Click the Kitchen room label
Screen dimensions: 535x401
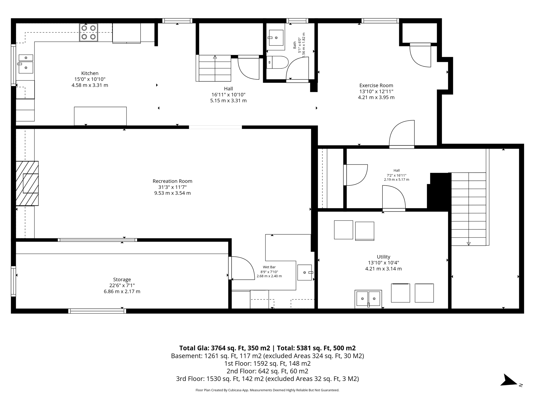coord(90,79)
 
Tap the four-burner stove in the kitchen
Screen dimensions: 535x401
coord(89,32)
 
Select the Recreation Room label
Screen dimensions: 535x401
coord(172,187)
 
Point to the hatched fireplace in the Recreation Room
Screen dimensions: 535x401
coord(27,183)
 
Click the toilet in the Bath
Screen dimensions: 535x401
coord(277,62)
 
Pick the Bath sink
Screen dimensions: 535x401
coord(276,38)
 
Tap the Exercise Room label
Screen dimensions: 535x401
coord(376,91)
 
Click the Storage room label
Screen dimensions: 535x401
coord(122,285)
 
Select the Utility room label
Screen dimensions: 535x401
coord(383,263)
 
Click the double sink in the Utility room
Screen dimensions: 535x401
coord(368,298)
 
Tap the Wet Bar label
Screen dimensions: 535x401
coord(269,272)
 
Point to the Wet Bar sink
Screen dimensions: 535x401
coord(305,273)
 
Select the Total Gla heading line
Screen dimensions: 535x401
coord(267,348)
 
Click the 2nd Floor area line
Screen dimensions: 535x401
coord(267,371)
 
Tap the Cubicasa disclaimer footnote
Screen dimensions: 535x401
coord(267,390)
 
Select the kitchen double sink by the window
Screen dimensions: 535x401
coord(26,64)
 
